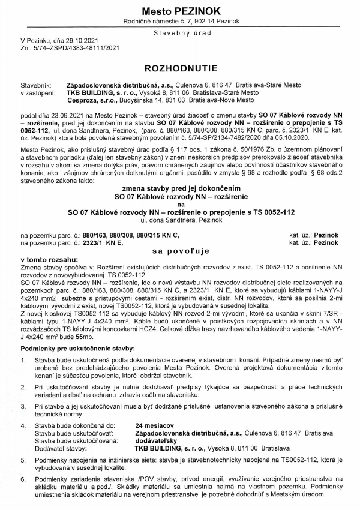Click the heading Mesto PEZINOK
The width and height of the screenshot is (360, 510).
(x=180, y=11)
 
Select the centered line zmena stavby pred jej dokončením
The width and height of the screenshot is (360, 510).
(x=180, y=188)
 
